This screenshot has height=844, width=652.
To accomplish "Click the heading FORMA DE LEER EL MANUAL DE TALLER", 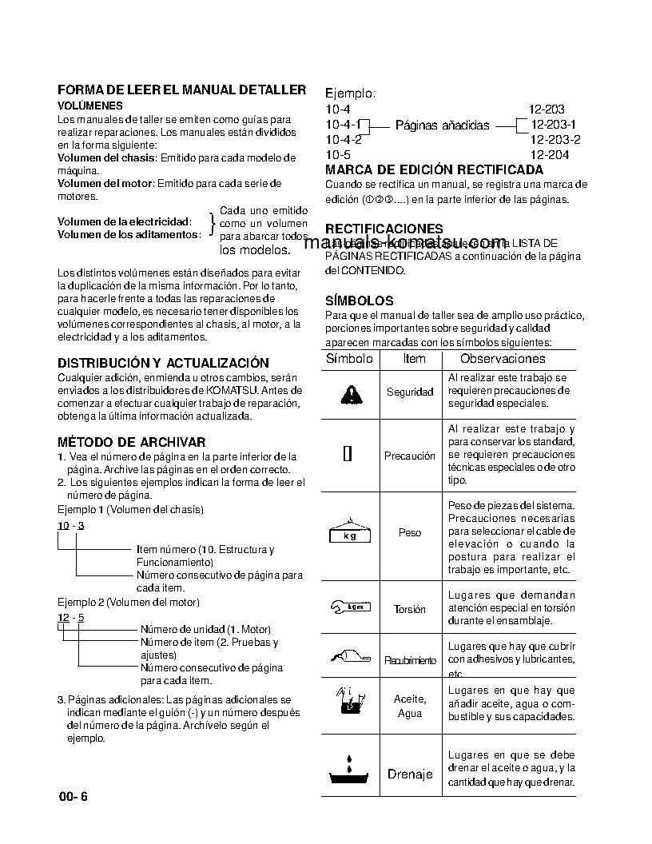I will [181, 90].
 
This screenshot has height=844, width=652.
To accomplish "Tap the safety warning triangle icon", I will [349, 393].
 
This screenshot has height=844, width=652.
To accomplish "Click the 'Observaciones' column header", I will [503, 359].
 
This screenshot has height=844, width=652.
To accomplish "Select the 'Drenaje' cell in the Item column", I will [410, 774].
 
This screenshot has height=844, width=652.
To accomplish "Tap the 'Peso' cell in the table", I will [410, 532].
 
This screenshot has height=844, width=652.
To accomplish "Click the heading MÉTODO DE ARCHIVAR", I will [131, 442].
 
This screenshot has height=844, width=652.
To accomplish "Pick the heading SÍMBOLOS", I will [359, 301].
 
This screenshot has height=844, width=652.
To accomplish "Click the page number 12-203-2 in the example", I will [555, 140].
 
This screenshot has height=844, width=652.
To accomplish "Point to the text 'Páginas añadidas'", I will [442, 125].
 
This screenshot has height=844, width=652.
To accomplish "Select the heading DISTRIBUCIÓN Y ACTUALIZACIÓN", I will [163, 363].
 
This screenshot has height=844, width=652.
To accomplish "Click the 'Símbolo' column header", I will [349, 359].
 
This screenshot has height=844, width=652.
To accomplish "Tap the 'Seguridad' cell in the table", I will [410, 392].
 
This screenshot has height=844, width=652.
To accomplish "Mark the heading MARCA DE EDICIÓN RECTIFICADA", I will [434, 169].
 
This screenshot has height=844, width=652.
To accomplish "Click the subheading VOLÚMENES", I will [89, 105].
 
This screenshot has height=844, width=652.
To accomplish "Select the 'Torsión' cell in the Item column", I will [410, 609].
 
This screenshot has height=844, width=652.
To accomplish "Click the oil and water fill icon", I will [348, 699].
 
